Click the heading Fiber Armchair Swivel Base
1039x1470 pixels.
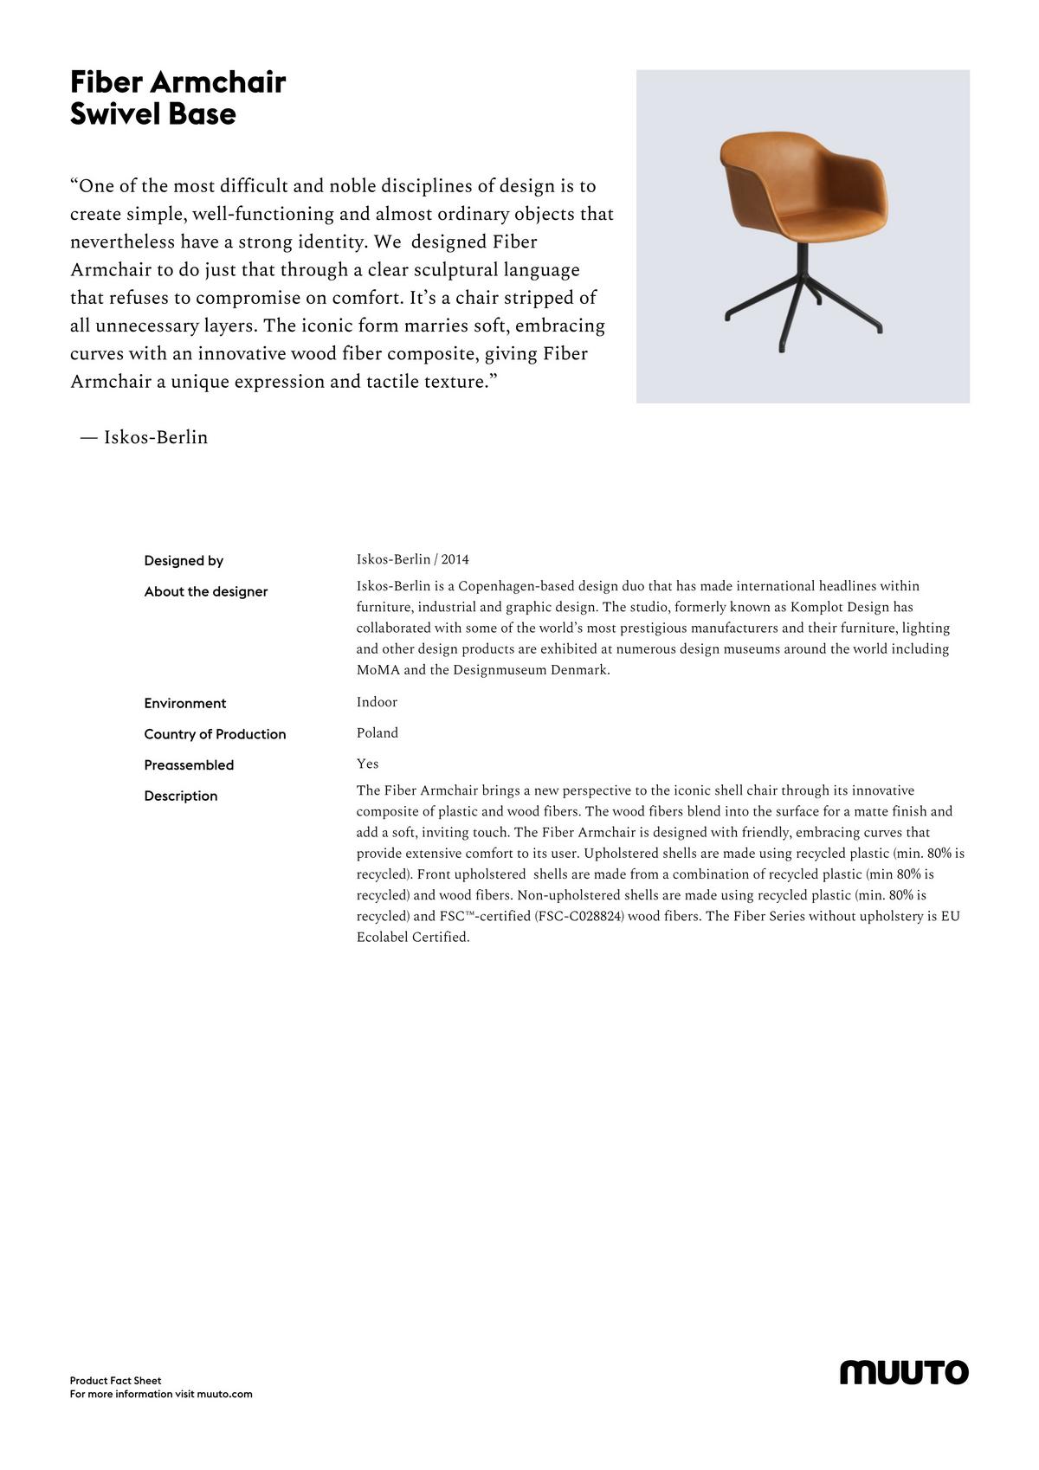click(177, 98)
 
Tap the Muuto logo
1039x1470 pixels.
click(904, 1372)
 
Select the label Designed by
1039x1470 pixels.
click(184, 561)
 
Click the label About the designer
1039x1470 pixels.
click(206, 592)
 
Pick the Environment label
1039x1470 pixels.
click(185, 704)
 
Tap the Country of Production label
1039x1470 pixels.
click(215, 735)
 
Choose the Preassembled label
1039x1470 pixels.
click(189, 765)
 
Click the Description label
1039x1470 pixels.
click(181, 796)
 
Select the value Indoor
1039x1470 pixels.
click(377, 702)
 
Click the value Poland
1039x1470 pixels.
click(378, 733)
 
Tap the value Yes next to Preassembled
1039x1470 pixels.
click(367, 764)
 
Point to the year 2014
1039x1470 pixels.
click(455, 559)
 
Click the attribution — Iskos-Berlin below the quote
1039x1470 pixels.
click(145, 438)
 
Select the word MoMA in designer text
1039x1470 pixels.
click(378, 670)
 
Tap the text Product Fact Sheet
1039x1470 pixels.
click(116, 1381)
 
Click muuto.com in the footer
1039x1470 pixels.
click(224, 1394)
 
